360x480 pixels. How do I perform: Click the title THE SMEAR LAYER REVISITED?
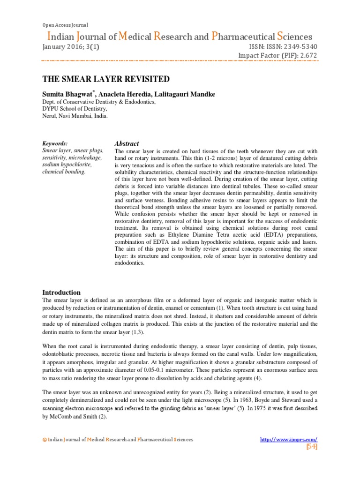(106, 79)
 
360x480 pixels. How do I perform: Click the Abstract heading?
(127, 143)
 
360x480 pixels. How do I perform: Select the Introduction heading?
(61, 292)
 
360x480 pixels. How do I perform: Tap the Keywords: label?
(55, 143)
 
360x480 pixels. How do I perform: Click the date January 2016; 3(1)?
(70, 47)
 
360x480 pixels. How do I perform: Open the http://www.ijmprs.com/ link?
(289, 439)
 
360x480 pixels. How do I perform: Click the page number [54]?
(312, 447)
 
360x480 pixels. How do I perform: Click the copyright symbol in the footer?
(45, 440)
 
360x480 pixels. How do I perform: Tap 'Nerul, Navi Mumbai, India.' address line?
(75, 116)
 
